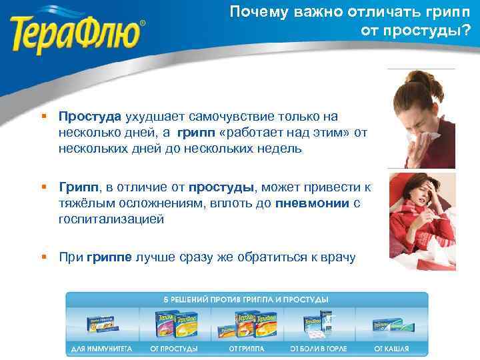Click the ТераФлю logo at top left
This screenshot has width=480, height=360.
click(x=78, y=30)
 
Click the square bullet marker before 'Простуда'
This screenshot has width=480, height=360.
click(x=43, y=116)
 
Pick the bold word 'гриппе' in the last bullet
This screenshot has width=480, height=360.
click(x=109, y=257)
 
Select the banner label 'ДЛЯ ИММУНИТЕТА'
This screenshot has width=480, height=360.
click(x=102, y=348)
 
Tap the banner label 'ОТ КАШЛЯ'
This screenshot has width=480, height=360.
click(x=392, y=348)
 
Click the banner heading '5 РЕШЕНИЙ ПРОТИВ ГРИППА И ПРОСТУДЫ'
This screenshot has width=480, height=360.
click(x=247, y=299)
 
